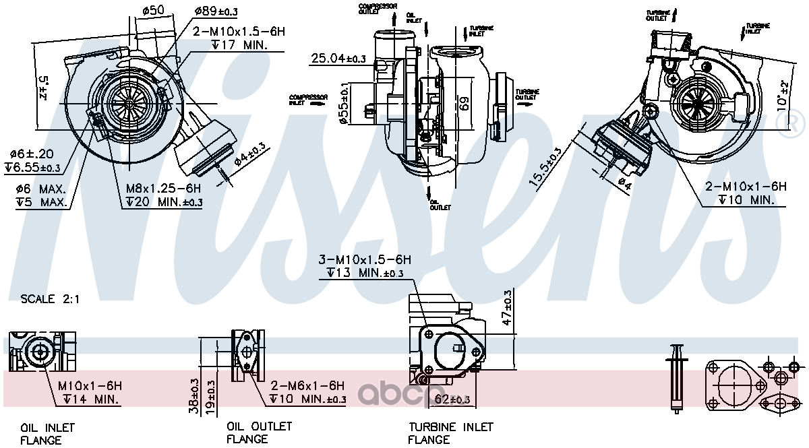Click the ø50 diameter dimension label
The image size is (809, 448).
154,9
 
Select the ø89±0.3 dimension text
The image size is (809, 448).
216,11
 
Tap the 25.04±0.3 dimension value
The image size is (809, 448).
338,59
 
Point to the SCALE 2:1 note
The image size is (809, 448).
50,298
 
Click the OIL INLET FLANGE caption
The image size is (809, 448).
47,434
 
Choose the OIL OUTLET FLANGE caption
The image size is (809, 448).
259,433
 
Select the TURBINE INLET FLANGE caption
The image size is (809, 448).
450,433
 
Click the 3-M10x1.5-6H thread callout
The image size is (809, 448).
365,259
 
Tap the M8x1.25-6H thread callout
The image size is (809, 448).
162,188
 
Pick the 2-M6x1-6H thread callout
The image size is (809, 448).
307,386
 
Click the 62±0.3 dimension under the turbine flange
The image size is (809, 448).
452,400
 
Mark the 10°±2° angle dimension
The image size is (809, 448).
782,94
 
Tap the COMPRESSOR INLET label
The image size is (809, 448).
308,100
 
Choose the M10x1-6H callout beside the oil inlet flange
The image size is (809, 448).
89,386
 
